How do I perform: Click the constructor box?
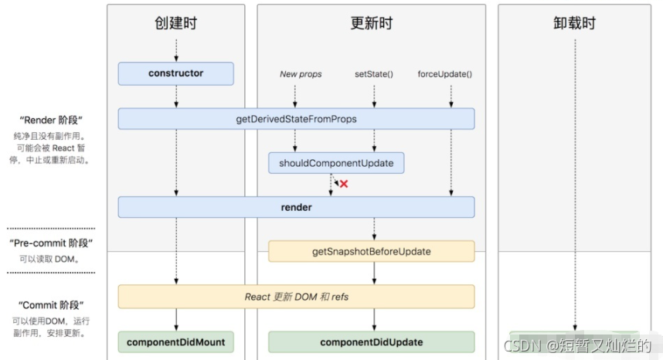(x=175, y=73)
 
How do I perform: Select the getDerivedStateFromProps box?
(x=296, y=119)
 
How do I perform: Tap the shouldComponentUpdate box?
(x=336, y=163)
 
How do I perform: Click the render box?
(x=296, y=207)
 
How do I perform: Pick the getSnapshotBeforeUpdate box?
(x=371, y=251)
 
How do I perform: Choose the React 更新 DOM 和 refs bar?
(x=296, y=297)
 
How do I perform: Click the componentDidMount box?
(x=175, y=341)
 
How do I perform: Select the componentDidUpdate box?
(x=371, y=341)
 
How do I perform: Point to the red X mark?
(x=344, y=184)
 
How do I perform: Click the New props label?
(x=301, y=74)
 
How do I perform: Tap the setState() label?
(x=374, y=74)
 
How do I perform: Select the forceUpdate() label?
(x=445, y=74)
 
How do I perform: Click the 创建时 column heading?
(x=175, y=23)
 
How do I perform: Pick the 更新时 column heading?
(x=371, y=23)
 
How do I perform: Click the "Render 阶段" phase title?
(x=51, y=121)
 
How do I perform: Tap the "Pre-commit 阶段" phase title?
(x=51, y=243)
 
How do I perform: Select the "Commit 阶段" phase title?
(x=51, y=305)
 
